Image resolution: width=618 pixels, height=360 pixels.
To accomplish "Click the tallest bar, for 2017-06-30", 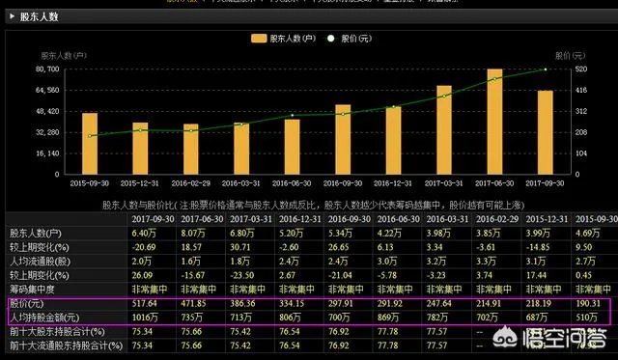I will [494, 122].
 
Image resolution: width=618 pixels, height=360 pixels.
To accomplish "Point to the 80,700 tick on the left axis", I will [47, 69].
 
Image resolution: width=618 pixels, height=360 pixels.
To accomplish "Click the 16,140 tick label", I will [47, 153].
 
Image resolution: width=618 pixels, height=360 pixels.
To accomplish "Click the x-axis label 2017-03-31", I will [443, 183].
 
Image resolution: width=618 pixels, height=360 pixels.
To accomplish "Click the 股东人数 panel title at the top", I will [39, 16].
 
